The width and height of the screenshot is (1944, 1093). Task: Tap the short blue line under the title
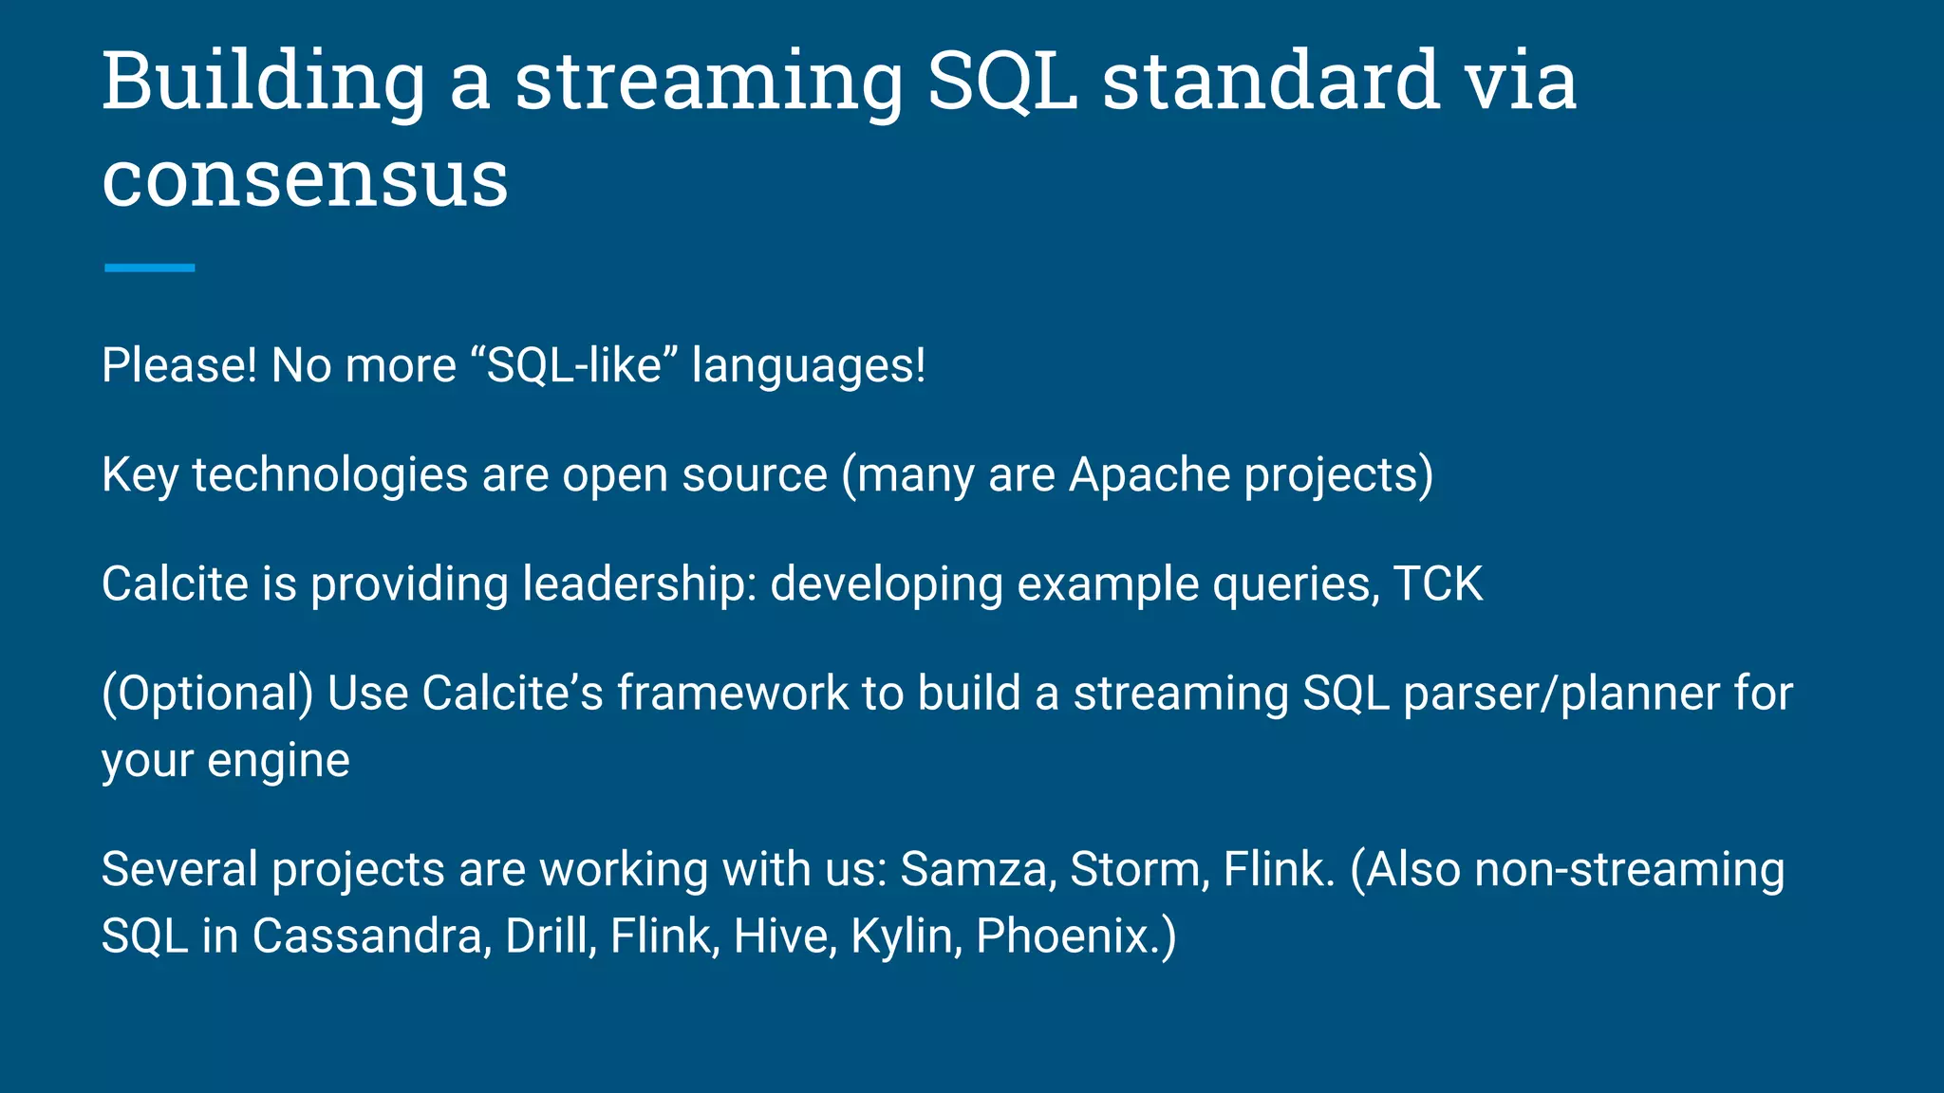[149, 269]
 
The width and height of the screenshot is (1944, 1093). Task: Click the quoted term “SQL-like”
[573, 365]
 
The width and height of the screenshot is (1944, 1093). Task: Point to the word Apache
[1150, 474]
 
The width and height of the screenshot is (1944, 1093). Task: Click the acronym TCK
[1437, 584]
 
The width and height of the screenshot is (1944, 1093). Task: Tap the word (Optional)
[207, 694]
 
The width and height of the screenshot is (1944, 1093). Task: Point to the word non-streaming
[1629, 869]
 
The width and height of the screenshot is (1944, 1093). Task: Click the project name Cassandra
[371, 936]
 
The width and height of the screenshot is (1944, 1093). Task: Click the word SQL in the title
[1001, 83]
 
